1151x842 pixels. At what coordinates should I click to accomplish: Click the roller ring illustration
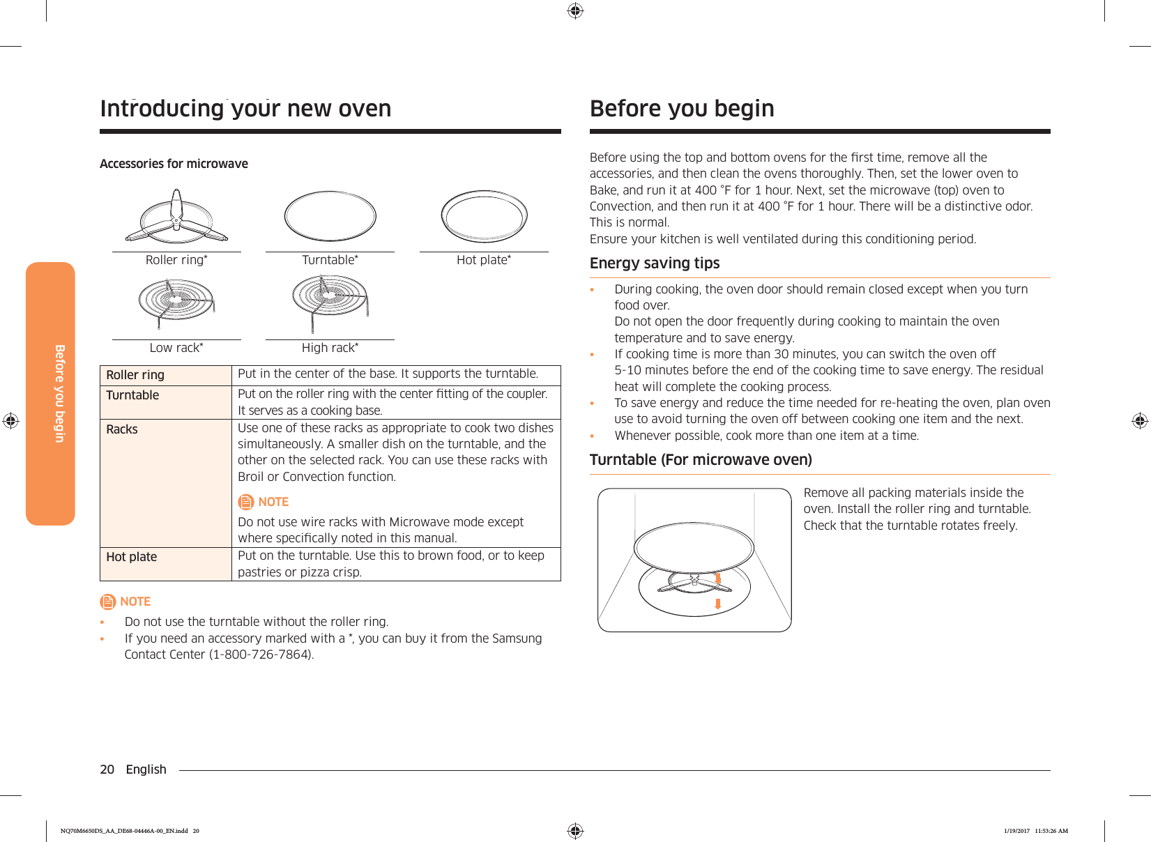[x=176, y=217]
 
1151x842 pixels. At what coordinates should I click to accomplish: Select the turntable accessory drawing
[x=330, y=216]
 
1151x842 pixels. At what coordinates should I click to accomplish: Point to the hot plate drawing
[x=484, y=216]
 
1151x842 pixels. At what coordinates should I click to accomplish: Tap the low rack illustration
[x=176, y=301]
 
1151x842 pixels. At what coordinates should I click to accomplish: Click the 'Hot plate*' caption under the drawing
[x=484, y=260]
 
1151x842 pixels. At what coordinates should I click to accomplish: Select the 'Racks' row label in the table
[x=122, y=429]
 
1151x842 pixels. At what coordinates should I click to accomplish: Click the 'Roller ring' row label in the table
[x=135, y=375]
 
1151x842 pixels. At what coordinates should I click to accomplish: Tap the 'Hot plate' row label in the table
[x=132, y=557]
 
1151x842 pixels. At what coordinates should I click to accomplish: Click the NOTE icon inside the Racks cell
[x=246, y=502]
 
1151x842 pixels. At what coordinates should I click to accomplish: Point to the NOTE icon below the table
[x=107, y=602]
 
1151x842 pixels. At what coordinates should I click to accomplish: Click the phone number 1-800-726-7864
[x=261, y=655]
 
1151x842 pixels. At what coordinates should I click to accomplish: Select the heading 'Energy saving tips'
[x=655, y=263]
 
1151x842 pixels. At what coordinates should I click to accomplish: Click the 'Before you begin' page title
[x=682, y=109]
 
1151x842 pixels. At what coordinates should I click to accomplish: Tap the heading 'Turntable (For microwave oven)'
[x=701, y=460]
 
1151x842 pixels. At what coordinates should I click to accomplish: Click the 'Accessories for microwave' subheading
[x=174, y=164]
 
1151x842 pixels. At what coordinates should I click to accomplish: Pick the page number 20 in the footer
[x=107, y=770]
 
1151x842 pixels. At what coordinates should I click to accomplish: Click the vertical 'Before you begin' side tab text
[x=60, y=393]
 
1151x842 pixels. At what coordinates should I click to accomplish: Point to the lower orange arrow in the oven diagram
[x=717, y=604]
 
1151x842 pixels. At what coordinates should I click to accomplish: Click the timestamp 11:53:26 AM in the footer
[x=1051, y=831]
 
